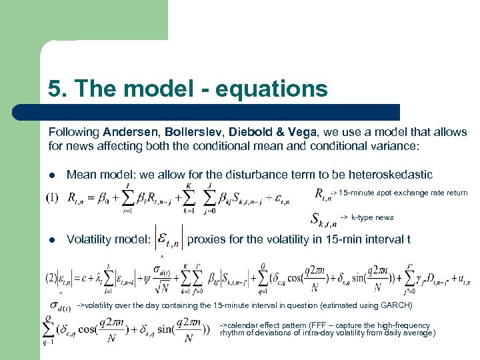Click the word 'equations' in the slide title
(275, 89)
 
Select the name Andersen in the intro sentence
(133, 132)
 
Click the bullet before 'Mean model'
(52, 175)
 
